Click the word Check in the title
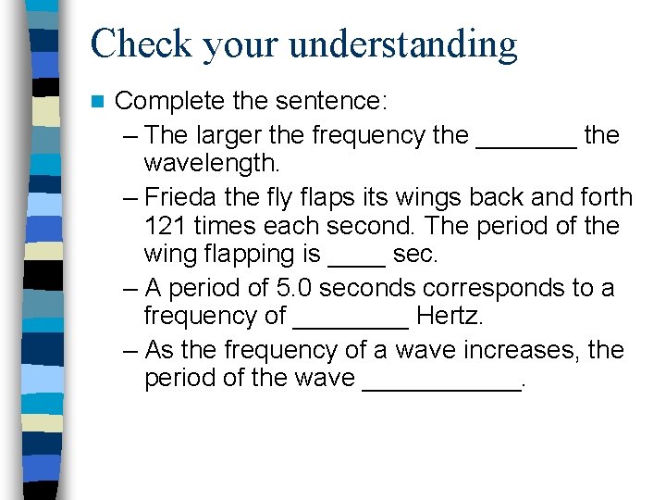click(x=139, y=44)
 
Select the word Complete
click(x=169, y=100)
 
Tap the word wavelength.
click(x=211, y=164)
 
